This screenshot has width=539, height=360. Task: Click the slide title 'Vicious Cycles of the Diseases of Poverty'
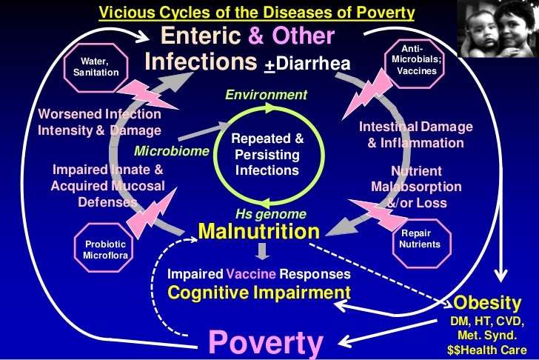point(257,13)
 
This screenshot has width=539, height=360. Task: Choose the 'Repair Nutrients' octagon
point(420,239)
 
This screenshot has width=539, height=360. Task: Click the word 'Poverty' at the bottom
point(266,342)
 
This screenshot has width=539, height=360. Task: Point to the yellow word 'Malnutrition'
point(258,232)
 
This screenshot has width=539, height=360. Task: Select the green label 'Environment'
point(266,96)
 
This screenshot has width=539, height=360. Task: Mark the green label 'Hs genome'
point(266,214)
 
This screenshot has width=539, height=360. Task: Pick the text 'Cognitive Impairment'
point(259,292)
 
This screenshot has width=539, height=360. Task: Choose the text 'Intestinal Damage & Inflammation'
point(415,135)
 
